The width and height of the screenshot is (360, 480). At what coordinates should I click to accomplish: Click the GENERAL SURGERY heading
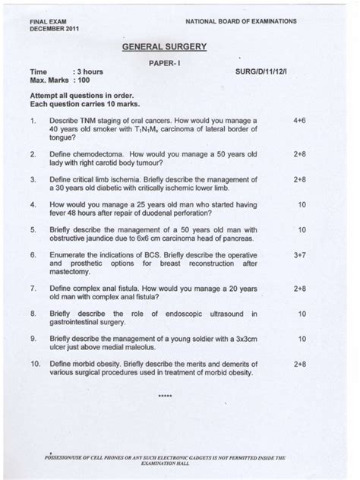click(164, 47)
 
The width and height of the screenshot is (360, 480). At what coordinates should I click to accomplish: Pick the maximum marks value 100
click(82, 79)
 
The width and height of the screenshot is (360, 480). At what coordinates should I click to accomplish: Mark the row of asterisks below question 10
click(165, 396)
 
